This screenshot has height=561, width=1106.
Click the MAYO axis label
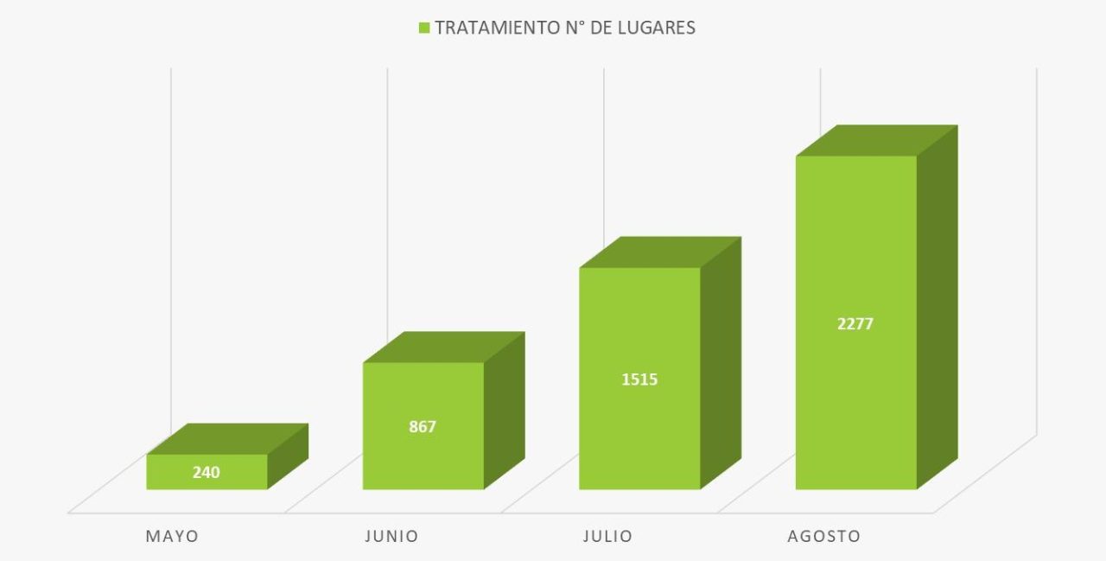tap(172, 536)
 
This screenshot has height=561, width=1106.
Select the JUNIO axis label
tap(391, 536)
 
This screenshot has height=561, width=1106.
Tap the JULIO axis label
tap(607, 536)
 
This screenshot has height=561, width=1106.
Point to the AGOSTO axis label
tap(823, 536)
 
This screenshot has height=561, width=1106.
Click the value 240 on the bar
tap(207, 472)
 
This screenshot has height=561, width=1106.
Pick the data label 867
tap(423, 426)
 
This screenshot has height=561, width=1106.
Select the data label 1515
tap(639, 379)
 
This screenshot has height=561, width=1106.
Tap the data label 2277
tap(855, 324)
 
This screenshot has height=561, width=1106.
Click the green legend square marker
tap(423, 28)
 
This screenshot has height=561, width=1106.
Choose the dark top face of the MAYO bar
tap(227, 438)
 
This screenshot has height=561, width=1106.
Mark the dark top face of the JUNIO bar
tap(443, 347)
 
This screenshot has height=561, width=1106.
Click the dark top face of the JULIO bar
tap(660, 252)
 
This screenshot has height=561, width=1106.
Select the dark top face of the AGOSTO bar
tap(876, 140)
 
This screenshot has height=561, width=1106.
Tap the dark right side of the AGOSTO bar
tap(937, 307)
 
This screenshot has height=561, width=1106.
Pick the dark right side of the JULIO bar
tap(721, 363)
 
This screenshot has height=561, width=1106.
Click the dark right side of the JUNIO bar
tap(504, 410)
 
